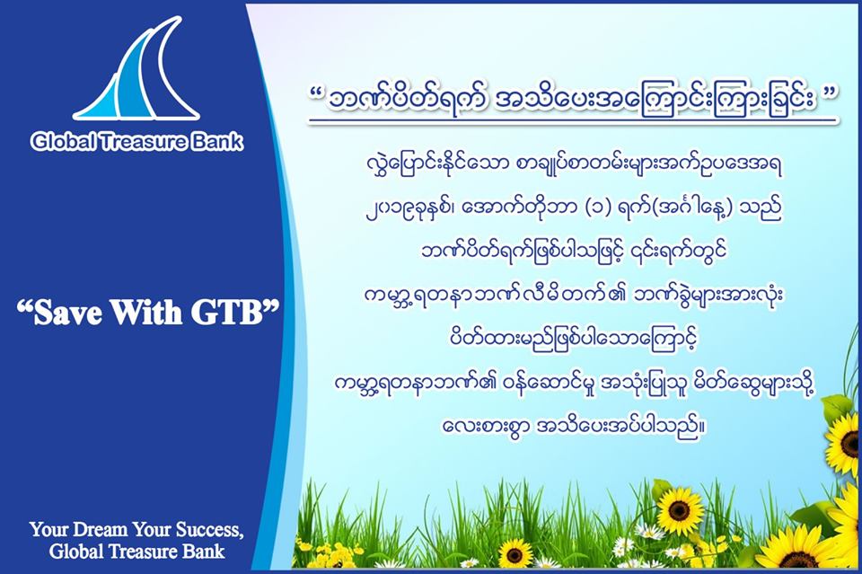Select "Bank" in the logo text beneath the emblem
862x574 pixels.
pos(217,142)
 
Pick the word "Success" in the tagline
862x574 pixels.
pos(207,530)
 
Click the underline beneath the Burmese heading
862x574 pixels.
pos(573,120)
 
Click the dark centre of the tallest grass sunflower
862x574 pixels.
pos(680,511)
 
